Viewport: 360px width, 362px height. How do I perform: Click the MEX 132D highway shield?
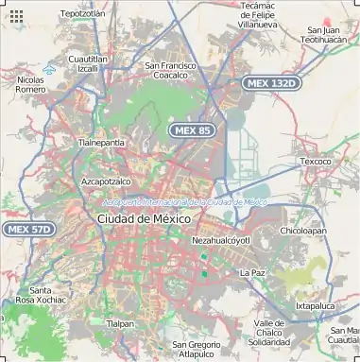tap(270, 83)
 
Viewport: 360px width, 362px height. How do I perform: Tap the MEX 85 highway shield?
tap(191, 129)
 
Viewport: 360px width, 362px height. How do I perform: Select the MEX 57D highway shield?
tap(28, 229)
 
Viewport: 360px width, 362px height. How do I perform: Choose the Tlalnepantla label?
tap(100, 142)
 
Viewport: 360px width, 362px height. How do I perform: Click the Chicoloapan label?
tap(303, 230)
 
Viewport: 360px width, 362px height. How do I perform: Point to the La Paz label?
tap(252, 272)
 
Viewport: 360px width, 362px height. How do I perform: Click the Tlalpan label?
tap(120, 323)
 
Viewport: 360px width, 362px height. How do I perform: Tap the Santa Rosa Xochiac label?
tap(46, 294)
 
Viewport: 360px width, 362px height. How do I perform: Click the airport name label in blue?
tap(184, 201)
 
